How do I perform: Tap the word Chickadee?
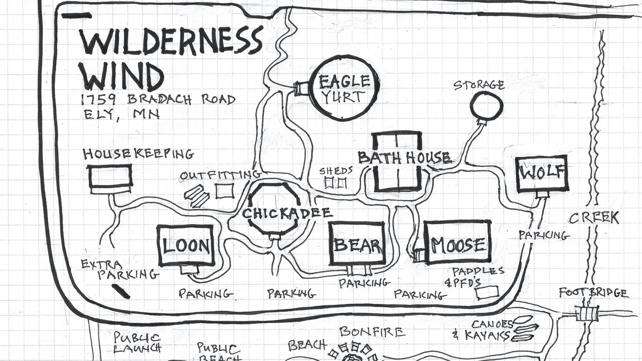pos(287,214)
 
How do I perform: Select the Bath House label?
pos(405,158)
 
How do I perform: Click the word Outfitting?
pos(220,175)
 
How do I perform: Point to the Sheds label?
pos(336,171)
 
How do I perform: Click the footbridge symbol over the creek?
pos(587,314)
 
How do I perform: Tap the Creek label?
pos(593,218)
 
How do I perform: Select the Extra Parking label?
pos(120,269)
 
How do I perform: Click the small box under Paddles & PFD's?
pos(487,293)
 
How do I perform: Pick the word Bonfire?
pos(372,332)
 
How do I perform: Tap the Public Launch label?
pos(137,342)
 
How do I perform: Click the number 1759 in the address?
pos(98,100)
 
